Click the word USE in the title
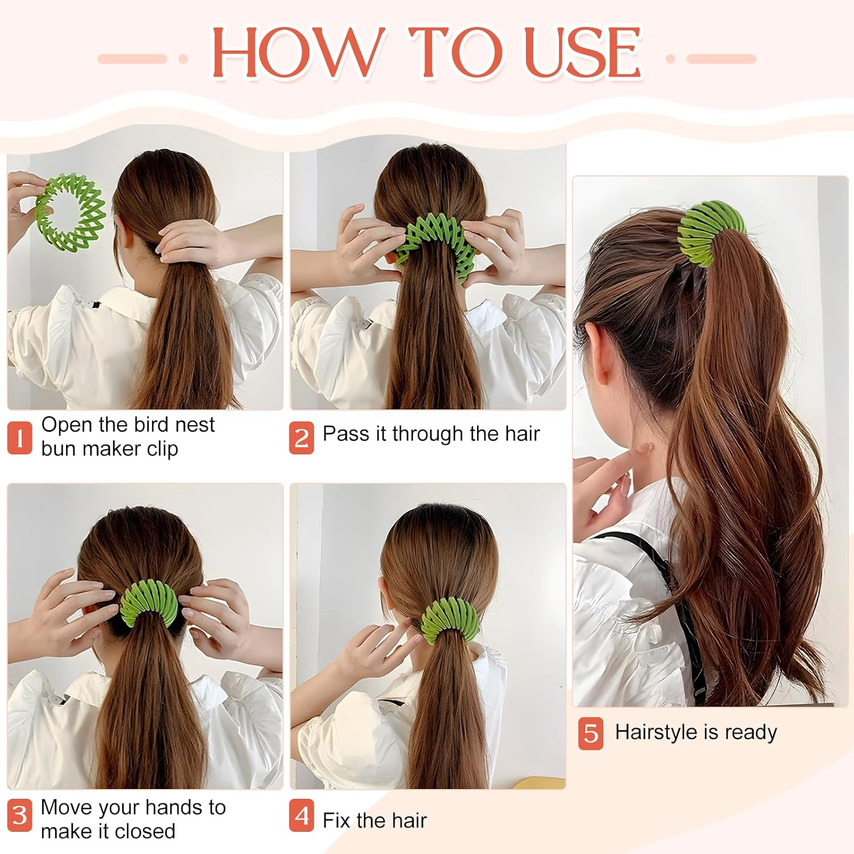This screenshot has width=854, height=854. coord(583,52)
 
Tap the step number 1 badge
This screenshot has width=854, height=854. coord(19,438)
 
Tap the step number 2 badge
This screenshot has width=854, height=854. coord(301,438)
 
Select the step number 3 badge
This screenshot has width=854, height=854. coord(19,815)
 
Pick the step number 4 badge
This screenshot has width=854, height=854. coord(301,815)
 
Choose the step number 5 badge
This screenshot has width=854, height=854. coord(591,733)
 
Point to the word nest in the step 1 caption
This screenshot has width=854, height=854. coord(195,425)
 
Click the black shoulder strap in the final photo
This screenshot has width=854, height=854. coord(666,603)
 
